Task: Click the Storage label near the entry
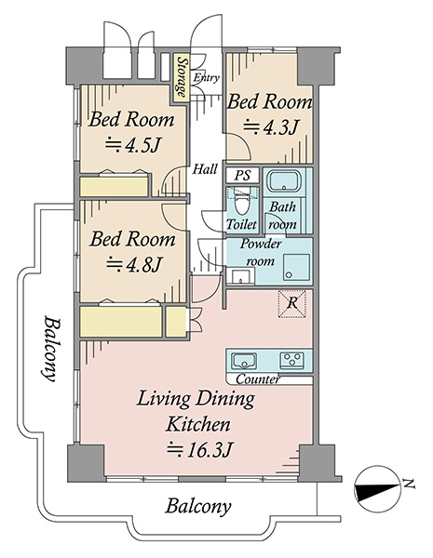tap(183, 77)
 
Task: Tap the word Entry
tap(206, 78)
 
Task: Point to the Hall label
tap(205, 169)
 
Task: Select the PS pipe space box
tap(243, 176)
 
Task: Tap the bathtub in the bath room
tap(284, 182)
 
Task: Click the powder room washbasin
tap(241, 276)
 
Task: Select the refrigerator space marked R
tap(291, 303)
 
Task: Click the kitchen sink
tap(244, 361)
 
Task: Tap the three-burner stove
tap(291, 361)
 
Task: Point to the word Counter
tap(258, 379)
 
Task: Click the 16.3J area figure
tap(200, 450)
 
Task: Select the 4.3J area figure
tap(270, 127)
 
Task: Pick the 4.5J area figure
tap(131, 145)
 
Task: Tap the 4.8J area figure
tap(134, 264)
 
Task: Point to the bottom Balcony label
tap(198, 507)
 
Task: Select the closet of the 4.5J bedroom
tap(114, 187)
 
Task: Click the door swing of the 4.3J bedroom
tap(238, 145)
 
